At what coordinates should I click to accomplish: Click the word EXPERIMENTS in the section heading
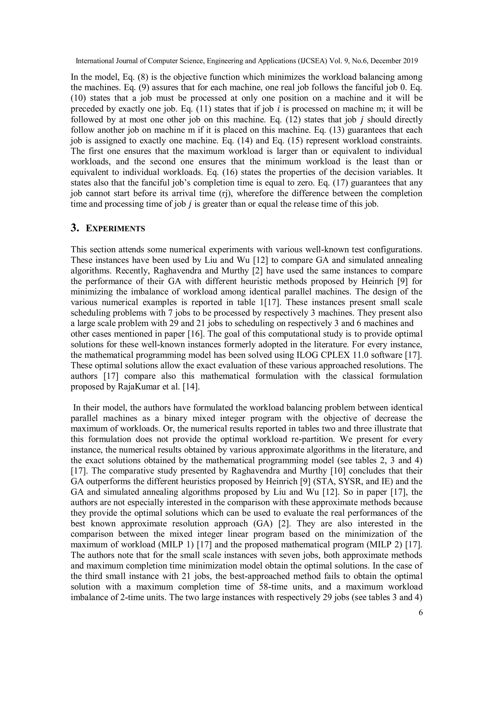click(115, 229)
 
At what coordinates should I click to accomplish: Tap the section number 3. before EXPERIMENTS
click(75, 228)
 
